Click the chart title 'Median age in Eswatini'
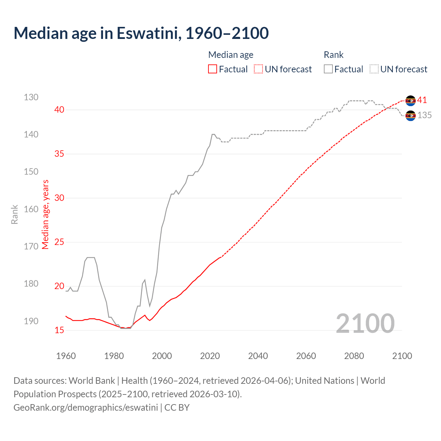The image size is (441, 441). click(141, 33)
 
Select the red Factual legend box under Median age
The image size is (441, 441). click(213, 69)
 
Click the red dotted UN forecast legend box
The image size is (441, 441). click(258, 69)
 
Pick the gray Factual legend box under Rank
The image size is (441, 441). click(328, 69)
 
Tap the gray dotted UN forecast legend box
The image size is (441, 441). click(374, 69)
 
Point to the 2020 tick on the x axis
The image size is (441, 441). click(210, 356)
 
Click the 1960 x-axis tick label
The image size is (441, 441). click(66, 356)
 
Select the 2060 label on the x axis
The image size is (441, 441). click(306, 356)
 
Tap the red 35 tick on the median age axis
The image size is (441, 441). click(59, 154)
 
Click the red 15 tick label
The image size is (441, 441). click(59, 330)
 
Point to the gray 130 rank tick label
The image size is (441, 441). click(31, 97)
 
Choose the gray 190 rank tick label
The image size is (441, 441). click(31, 321)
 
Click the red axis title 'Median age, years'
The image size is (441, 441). click(45, 214)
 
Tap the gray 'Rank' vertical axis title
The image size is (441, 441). click(14, 214)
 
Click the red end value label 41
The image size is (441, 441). click(422, 100)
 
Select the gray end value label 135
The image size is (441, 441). click(424, 115)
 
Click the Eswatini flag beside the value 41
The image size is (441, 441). click(410, 101)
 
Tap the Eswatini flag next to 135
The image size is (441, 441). click(410, 116)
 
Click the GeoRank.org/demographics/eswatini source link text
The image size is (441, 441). click(86, 408)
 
